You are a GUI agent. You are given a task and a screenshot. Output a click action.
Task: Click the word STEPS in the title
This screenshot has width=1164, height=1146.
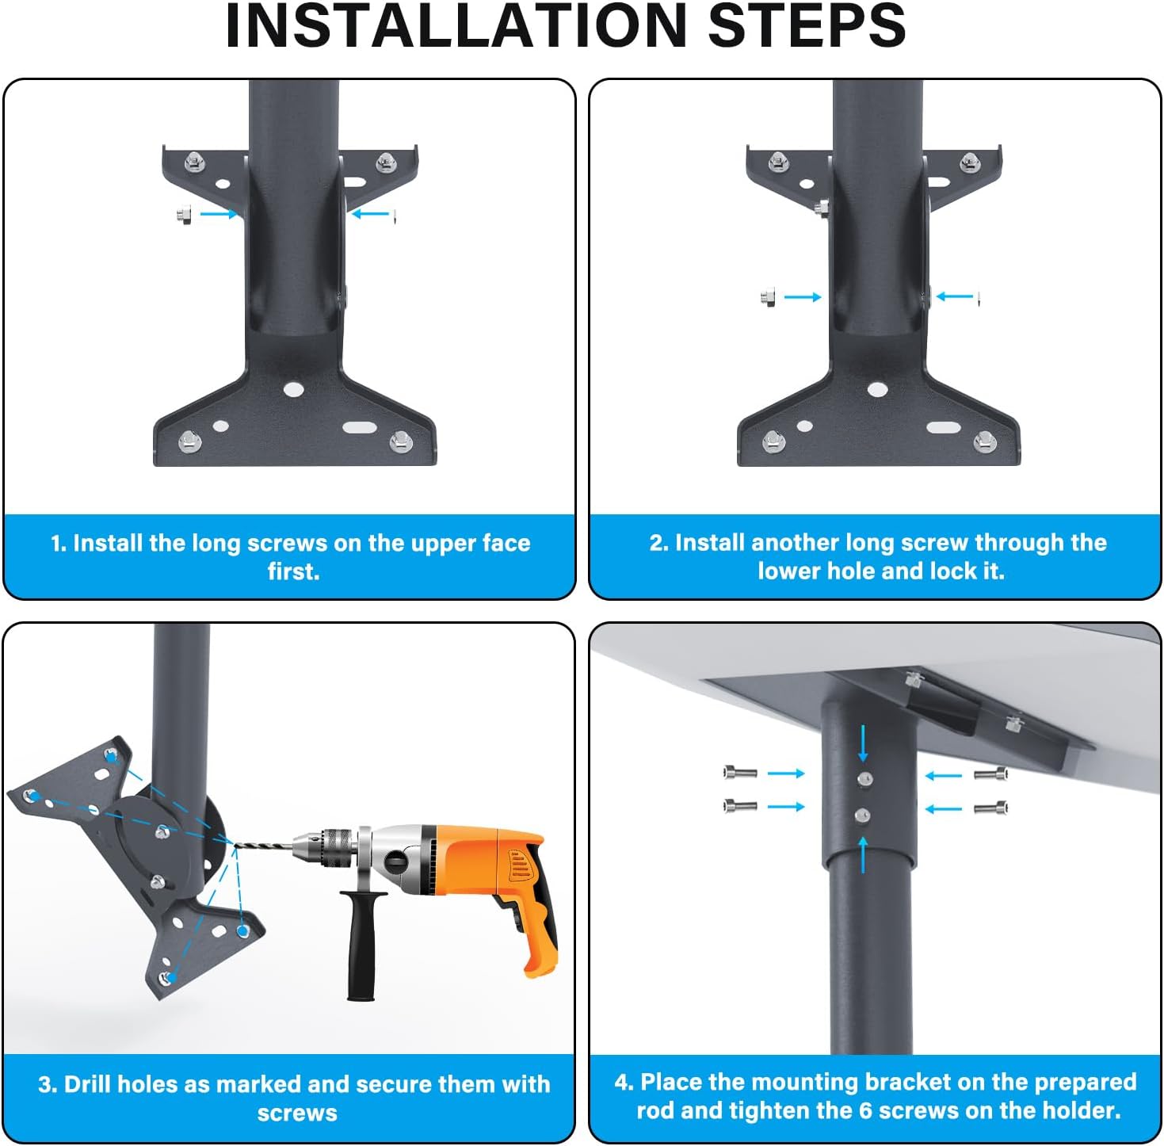pos(807,26)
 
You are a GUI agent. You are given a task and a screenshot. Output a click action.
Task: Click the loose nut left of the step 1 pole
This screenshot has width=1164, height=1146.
pos(184,214)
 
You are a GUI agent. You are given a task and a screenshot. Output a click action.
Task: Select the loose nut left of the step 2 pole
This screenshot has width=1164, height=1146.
pos(768,297)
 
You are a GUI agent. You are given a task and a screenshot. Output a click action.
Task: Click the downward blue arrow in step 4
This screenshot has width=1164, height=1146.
pos(863,743)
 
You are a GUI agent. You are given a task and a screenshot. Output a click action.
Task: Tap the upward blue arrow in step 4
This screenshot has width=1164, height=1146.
pos(863,854)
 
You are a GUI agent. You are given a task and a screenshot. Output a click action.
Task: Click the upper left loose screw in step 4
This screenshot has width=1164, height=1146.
pos(740,772)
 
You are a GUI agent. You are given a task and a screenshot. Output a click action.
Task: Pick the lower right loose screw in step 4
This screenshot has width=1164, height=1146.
pos(990,807)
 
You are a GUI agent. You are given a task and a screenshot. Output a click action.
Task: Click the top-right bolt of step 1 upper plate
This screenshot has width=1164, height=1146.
pos(386,162)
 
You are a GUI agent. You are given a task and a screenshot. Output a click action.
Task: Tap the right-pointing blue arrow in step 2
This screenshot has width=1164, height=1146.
pos(802,296)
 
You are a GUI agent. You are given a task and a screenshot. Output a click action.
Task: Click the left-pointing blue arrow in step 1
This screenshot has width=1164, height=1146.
pos(370,213)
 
